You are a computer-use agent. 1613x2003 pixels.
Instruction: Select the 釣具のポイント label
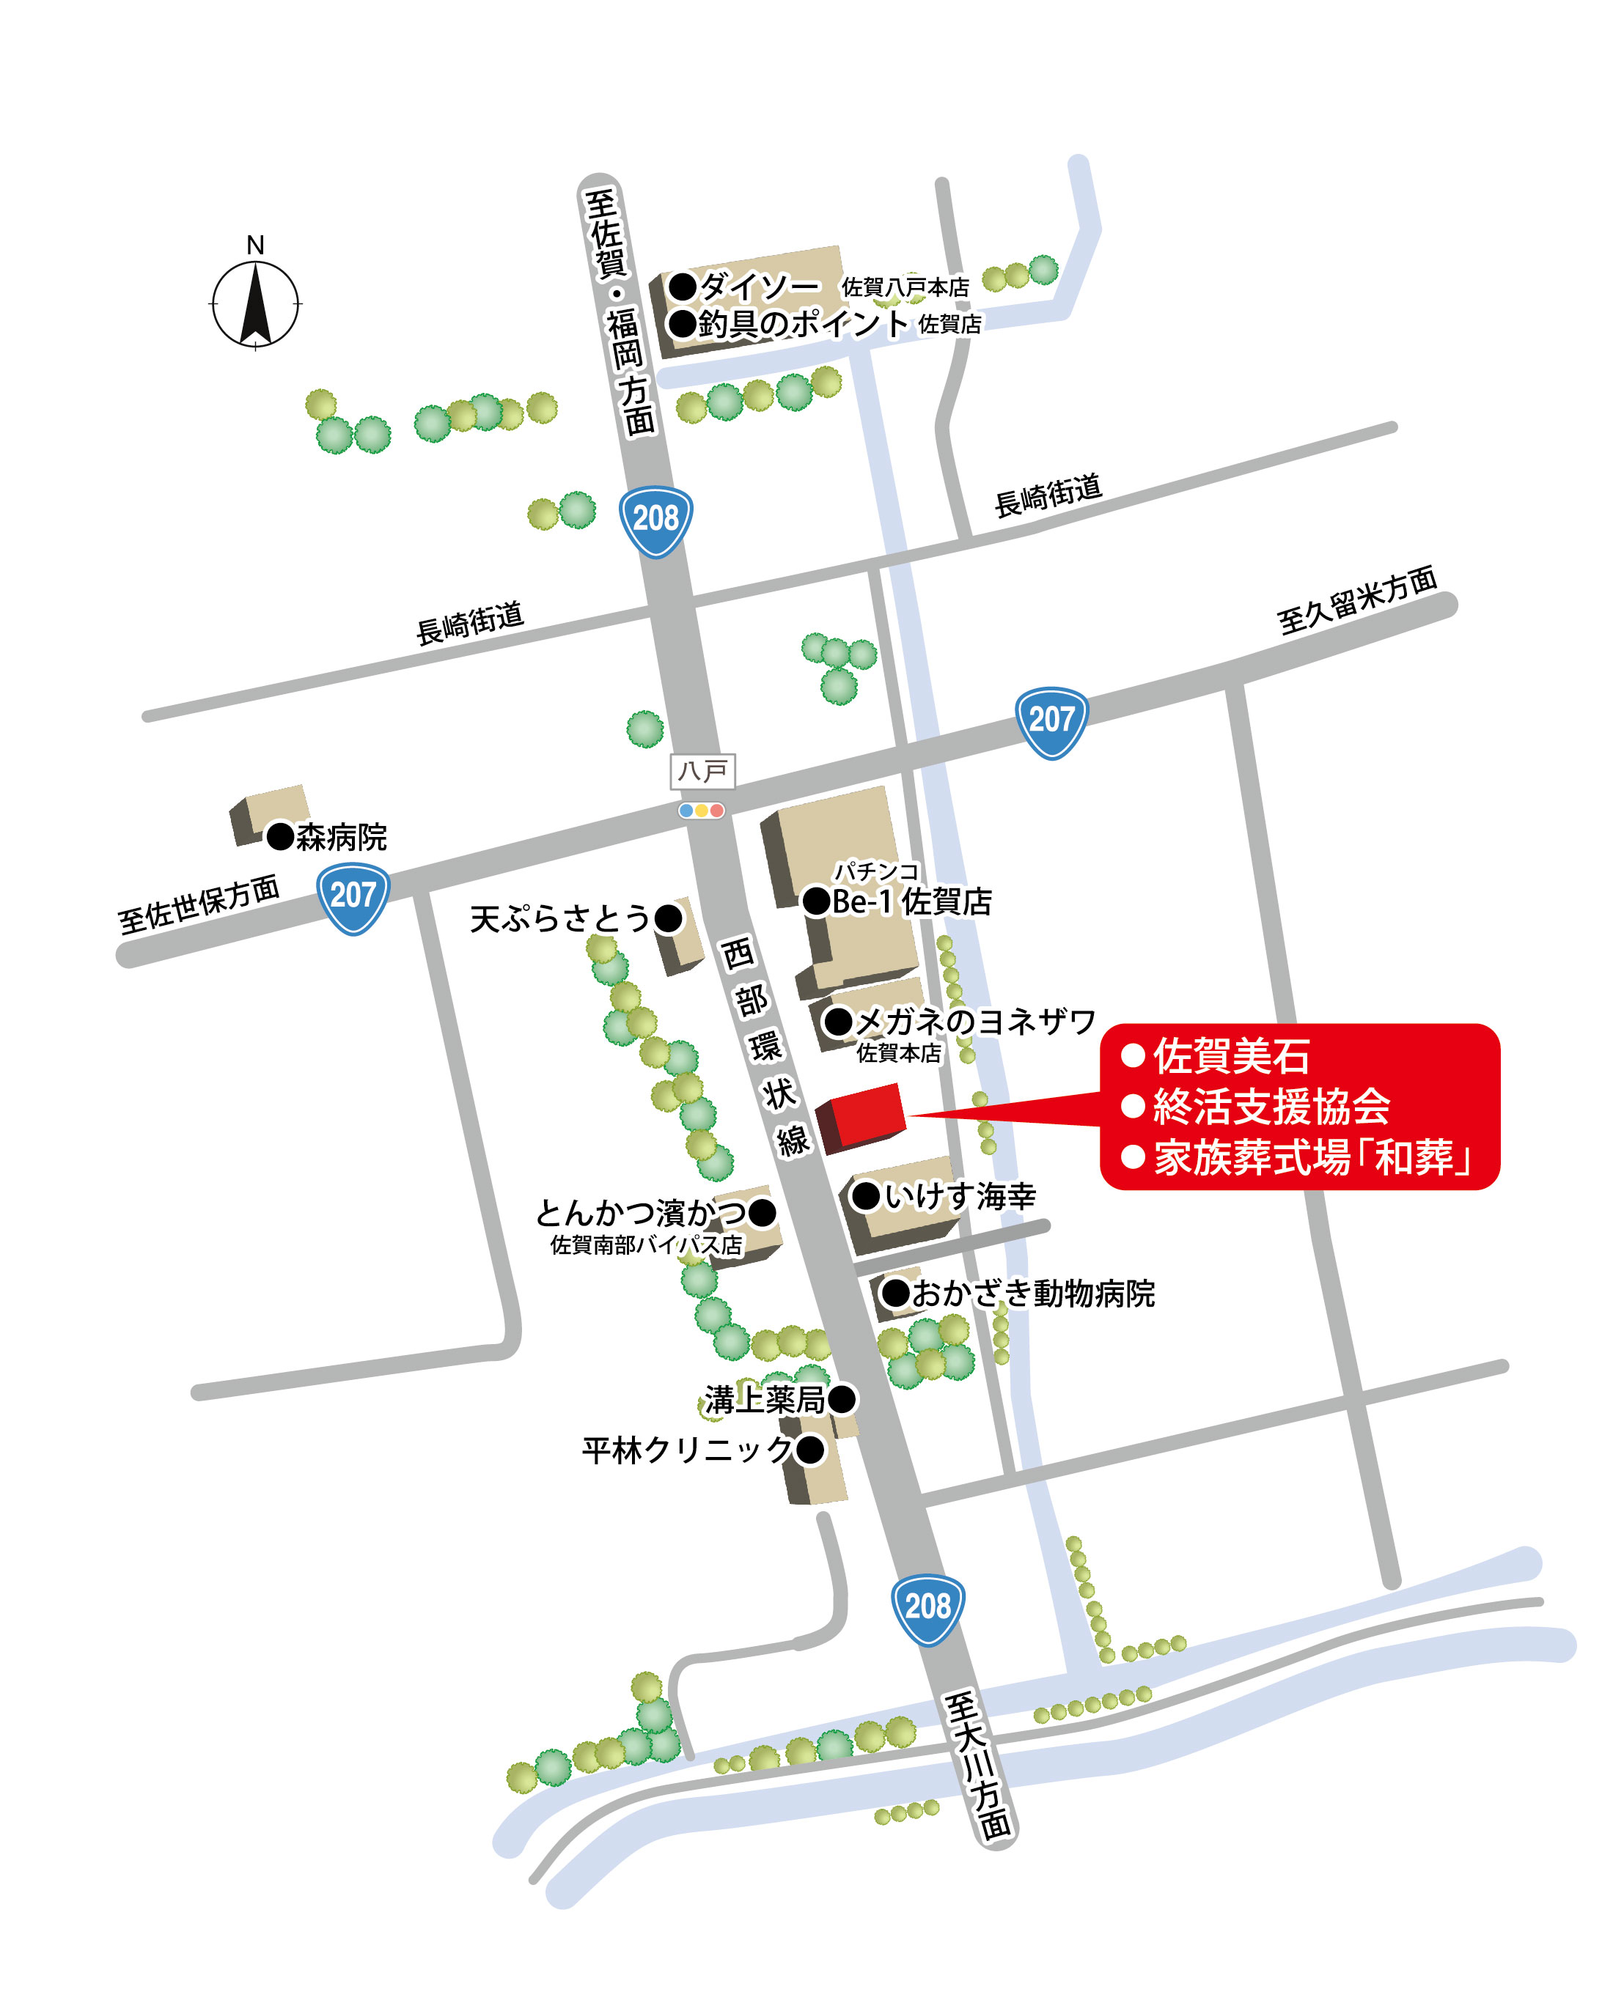coord(803,323)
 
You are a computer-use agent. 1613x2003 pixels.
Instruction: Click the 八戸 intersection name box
coord(702,771)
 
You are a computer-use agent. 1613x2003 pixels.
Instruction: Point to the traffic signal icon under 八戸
coord(702,810)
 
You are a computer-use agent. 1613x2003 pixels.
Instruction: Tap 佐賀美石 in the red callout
coord(1231,1056)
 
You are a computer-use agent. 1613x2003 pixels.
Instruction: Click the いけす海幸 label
coord(959,1195)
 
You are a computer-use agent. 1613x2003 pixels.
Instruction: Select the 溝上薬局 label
coord(765,1399)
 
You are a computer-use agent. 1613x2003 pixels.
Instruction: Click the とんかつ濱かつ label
coord(641,1212)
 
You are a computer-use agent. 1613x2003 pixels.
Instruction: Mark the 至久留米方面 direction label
coord(1356,600)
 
